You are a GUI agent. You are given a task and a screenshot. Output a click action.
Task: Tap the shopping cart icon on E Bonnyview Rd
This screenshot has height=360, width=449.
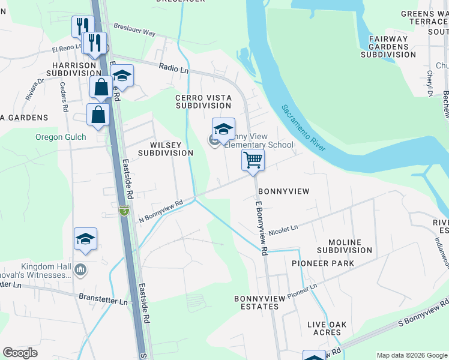(253, 160)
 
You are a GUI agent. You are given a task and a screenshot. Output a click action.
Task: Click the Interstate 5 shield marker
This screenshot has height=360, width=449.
(124, 211)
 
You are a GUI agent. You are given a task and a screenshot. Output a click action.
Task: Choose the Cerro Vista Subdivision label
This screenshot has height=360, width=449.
(203, 101)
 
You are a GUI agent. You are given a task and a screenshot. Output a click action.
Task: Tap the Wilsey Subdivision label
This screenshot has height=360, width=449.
(165, 149)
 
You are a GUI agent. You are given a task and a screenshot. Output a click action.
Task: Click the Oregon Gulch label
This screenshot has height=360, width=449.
(61, 137)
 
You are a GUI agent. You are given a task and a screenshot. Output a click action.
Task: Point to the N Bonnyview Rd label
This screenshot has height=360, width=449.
(160, 211)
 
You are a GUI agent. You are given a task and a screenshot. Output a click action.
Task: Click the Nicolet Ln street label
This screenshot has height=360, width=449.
(283, 230)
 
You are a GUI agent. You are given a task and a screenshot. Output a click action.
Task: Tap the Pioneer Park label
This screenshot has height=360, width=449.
(322, 263)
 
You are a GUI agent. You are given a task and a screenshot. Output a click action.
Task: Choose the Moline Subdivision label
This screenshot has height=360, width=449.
(345, 245)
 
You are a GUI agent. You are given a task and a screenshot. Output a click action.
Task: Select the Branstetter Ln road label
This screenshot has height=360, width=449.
(103, 298)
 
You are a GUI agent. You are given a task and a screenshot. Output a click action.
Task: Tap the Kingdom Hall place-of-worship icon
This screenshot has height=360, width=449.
(80, 271)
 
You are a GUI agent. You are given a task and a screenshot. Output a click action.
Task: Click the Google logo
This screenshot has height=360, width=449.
(20, 353)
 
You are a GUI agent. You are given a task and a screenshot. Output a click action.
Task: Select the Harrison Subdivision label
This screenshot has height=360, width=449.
(74, 68)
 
